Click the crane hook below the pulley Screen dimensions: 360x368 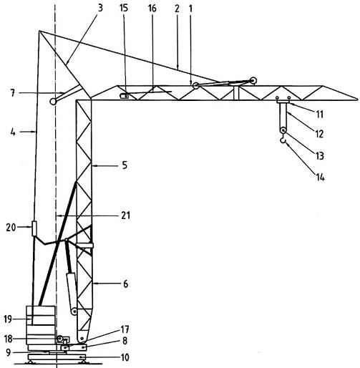(283, 141)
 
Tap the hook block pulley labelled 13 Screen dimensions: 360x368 (283, 130)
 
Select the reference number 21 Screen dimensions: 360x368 (126, 216)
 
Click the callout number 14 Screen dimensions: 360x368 (321, 178)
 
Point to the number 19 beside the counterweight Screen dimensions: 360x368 (8, 319)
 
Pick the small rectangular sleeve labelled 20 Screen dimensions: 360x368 (34, 228)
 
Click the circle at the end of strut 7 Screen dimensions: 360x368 (53, 102)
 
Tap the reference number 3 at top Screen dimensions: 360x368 (100, 8)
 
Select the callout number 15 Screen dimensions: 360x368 (124, 8)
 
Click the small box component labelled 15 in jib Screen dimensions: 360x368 (124, 96)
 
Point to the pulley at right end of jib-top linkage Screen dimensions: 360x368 (253, 81)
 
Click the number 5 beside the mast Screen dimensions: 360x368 (125, 165)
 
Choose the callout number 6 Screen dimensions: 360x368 (125, 284)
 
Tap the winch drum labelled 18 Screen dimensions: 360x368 (59, 338)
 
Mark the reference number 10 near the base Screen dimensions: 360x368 (125, 357)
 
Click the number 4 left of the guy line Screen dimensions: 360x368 (13, 132)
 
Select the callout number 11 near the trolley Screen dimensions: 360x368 (320, 115)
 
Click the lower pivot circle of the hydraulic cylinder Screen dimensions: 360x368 (74, 311)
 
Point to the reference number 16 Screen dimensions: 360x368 (152, 8)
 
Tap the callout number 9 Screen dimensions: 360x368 (9, 352)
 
